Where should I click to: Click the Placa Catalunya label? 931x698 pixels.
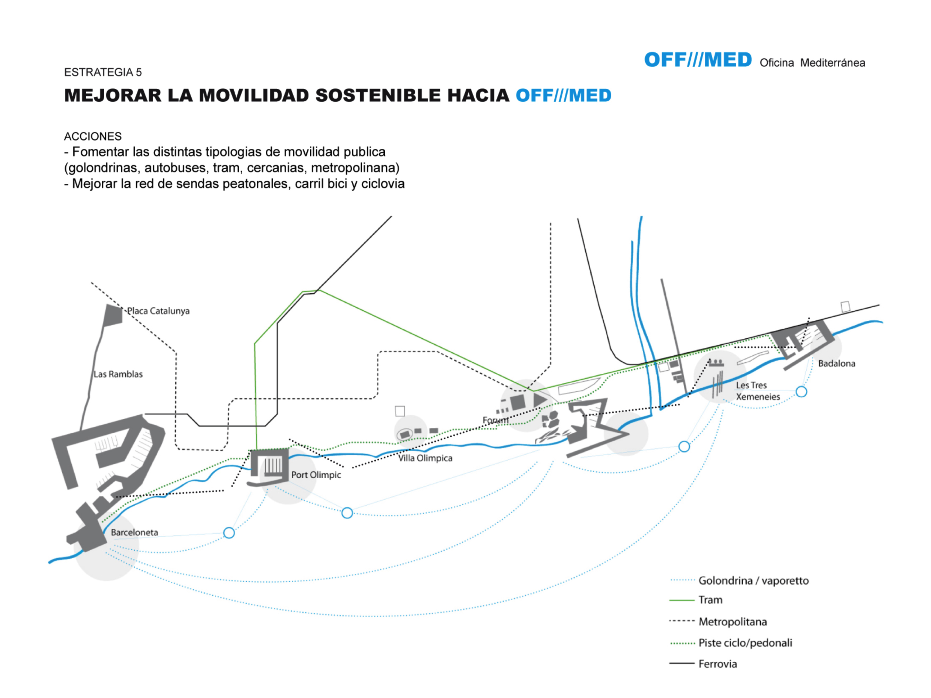(x=158, y=311)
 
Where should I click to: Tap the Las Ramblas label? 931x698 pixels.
(x=118, y=374)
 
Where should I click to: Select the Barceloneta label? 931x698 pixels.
(x=134, y=532)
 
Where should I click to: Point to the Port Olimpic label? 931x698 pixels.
(x=316, y=475)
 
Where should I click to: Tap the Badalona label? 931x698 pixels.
(x=836, y=364)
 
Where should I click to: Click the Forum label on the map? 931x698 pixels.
(x=495, y=420)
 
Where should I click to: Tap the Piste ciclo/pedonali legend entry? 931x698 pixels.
(x=745, y=643)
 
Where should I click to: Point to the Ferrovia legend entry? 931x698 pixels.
(x=717, y=664)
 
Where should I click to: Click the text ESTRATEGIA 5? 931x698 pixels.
(x=103, y=72)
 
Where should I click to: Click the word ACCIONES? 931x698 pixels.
(x=93, y=136)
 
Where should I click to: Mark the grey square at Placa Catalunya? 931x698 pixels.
(x=113, y=315)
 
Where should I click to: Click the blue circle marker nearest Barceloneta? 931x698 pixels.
(x=229, y=533)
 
